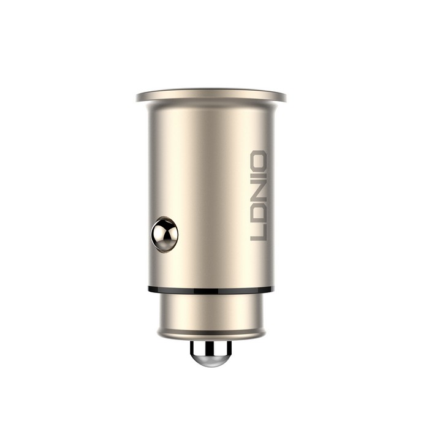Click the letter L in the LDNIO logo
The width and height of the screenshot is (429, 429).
(259, 233)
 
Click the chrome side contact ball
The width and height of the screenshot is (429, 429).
(164, 235)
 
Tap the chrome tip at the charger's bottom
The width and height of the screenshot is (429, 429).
(210, 354)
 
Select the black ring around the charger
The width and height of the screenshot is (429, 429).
(210, 290)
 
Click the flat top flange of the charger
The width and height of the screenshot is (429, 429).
(211, 96)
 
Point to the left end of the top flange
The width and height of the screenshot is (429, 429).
(140, 96)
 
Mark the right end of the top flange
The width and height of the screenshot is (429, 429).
(283, 96)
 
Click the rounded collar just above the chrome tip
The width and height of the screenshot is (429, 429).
(210, 335)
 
